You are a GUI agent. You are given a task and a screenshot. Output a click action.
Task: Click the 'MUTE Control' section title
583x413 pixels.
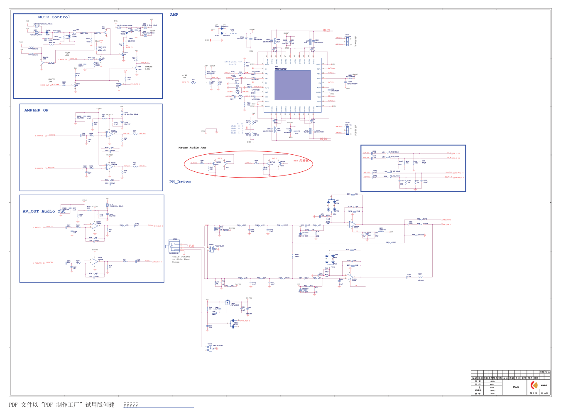[x=54, y=17]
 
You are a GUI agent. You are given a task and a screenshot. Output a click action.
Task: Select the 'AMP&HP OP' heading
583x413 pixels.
[x=36, y=110]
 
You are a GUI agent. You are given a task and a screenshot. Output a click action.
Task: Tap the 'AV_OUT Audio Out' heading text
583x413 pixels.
[x=44, y=211]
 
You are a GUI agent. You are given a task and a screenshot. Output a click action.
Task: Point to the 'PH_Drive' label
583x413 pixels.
[x=180, y=182]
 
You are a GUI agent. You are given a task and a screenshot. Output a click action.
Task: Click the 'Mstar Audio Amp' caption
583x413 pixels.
[x=192, y=148]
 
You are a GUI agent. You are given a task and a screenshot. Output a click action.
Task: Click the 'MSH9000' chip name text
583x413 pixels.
[x=280, y=69]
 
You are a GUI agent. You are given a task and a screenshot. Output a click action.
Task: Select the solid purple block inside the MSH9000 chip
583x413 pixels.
[x=292, y=85]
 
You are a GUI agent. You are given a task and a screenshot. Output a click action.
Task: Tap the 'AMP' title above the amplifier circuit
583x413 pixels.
[x=174, y=15]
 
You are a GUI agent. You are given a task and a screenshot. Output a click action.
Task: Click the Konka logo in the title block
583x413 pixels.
[x=534, y=386]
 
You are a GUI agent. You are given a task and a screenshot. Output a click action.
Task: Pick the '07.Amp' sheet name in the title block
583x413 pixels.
[x=516, y=387]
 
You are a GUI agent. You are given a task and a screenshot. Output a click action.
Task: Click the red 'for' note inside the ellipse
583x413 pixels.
[x=296, y=161]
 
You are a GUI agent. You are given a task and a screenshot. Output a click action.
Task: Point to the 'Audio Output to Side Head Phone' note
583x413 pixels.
[x=181, y=259]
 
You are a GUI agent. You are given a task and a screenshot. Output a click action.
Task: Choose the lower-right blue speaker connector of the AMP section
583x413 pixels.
[x=348, y=130]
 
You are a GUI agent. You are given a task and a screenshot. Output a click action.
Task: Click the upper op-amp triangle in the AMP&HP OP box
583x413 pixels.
[x=109, y=134]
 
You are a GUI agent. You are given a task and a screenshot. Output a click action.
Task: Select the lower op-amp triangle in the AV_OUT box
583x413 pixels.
[x=95, y=262]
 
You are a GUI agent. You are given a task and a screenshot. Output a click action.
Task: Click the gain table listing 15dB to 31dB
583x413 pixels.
[x=238, y=129]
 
